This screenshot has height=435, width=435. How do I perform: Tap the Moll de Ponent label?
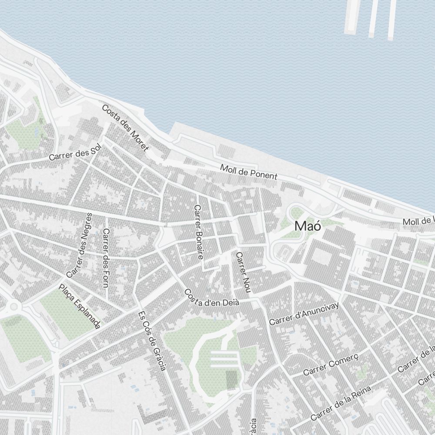coord(248,172)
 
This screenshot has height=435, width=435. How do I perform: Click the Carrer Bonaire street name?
coord(199,232)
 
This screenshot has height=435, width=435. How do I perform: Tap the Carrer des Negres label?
coord(79,245)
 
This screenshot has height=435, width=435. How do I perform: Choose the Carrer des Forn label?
coord(105,258)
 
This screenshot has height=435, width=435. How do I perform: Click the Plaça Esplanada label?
coord(80,306)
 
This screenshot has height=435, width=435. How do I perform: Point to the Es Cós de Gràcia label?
coord(152,341)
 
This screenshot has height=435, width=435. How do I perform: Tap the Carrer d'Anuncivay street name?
coord(304,313)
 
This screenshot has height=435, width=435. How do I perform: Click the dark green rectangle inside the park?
coord(232,379)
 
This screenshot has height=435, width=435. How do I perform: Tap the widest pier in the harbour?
coord(352,17)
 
